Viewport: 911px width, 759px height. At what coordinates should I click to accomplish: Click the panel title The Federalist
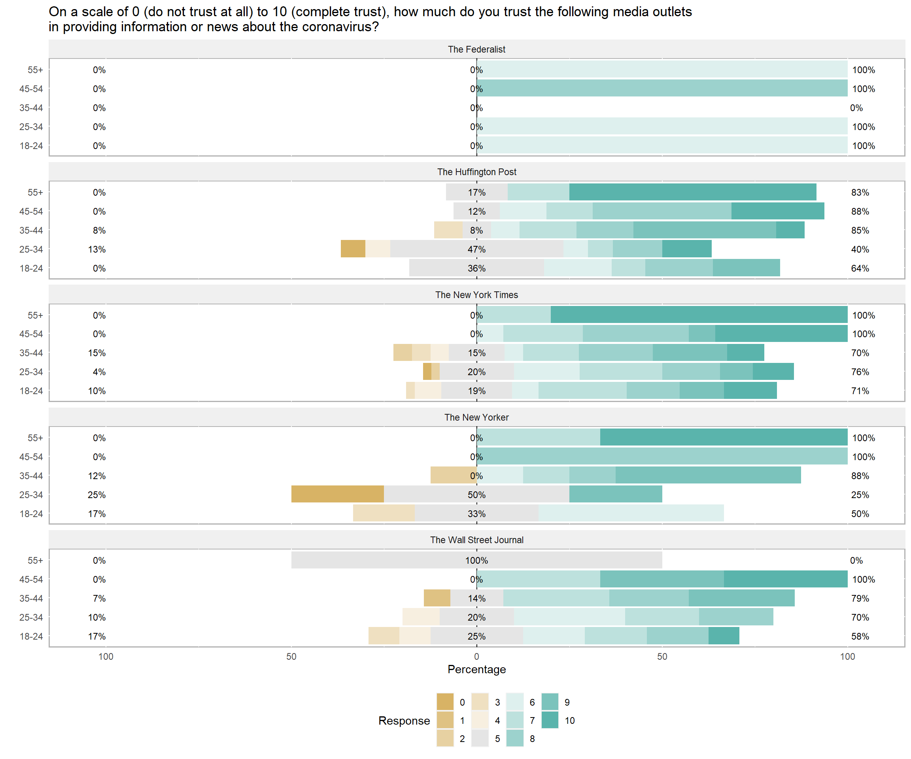(x=476, y=49)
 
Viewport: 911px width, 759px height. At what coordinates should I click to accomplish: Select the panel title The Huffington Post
(x=476, y=172)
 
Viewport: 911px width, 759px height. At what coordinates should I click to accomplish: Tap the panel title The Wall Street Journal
(x=476, y=540)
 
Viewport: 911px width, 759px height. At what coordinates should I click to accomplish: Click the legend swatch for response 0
(x=445, y=702)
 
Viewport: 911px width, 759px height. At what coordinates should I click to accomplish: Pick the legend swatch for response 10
(x=550, y=720)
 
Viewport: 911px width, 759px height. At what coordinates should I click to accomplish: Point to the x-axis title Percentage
(x=476, y=669)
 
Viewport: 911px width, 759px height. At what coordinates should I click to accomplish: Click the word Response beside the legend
(x=404, y=720)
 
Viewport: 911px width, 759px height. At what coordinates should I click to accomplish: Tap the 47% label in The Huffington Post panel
(x=476, y=249)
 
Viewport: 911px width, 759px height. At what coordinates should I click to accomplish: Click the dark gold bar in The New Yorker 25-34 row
(x=338, y=494)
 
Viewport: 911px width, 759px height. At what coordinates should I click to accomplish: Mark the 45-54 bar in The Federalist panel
(x=662, y=89)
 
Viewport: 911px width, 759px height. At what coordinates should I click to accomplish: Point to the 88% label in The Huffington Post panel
(x=860, y=211)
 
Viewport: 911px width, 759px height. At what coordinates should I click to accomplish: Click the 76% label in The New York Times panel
(x=860, y=372)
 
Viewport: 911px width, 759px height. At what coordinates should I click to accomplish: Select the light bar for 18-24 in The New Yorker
(x=631, y=514)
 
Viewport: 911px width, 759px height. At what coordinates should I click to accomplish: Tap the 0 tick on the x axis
(x=476, y=657)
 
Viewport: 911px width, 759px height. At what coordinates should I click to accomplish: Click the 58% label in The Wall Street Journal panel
(x=860, y=636)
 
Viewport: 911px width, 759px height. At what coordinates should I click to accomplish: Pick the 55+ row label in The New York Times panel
(x=35, y=315)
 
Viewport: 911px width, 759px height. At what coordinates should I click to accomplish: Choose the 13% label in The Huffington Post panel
(x=97, y=249)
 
